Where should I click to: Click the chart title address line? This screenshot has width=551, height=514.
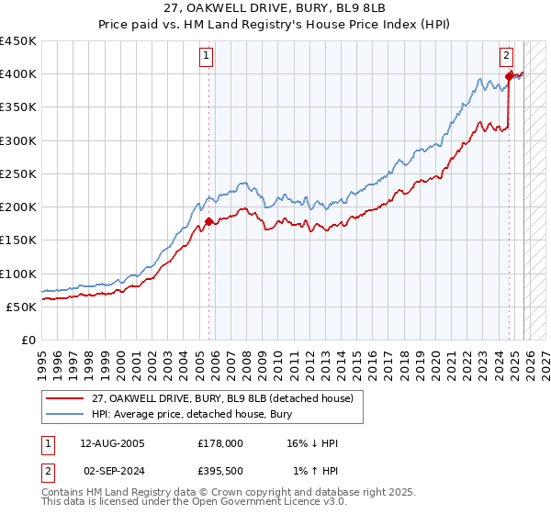[275, 8]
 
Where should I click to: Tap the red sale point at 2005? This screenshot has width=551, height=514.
[208, 221]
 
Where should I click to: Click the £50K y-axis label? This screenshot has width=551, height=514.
[22, 307]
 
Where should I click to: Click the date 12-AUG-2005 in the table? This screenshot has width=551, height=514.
[113, 443]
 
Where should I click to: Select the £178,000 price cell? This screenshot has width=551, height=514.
[220, 443]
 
